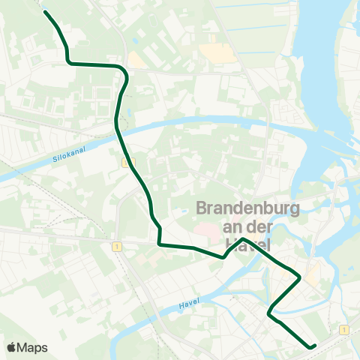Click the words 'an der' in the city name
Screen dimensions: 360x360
[x=246, y=226]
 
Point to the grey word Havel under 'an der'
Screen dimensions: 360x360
[x=246, y=243]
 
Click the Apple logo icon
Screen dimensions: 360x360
[x=13, y=347]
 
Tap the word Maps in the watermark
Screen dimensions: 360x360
[x=34, y=347]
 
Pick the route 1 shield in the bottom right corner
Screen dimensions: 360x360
[x=342, y=329]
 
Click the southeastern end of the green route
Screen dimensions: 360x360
[x=313, y=346]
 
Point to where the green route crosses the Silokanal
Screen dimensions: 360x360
[x=118, y=128]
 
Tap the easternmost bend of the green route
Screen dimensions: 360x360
[x=300, y=278]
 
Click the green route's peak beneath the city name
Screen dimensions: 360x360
[x=243, y=239]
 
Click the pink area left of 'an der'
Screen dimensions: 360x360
[x=204, y=226]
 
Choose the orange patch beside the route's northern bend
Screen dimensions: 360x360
[x=137, y=60]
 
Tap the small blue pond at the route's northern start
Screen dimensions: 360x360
[x=44, y=10]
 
